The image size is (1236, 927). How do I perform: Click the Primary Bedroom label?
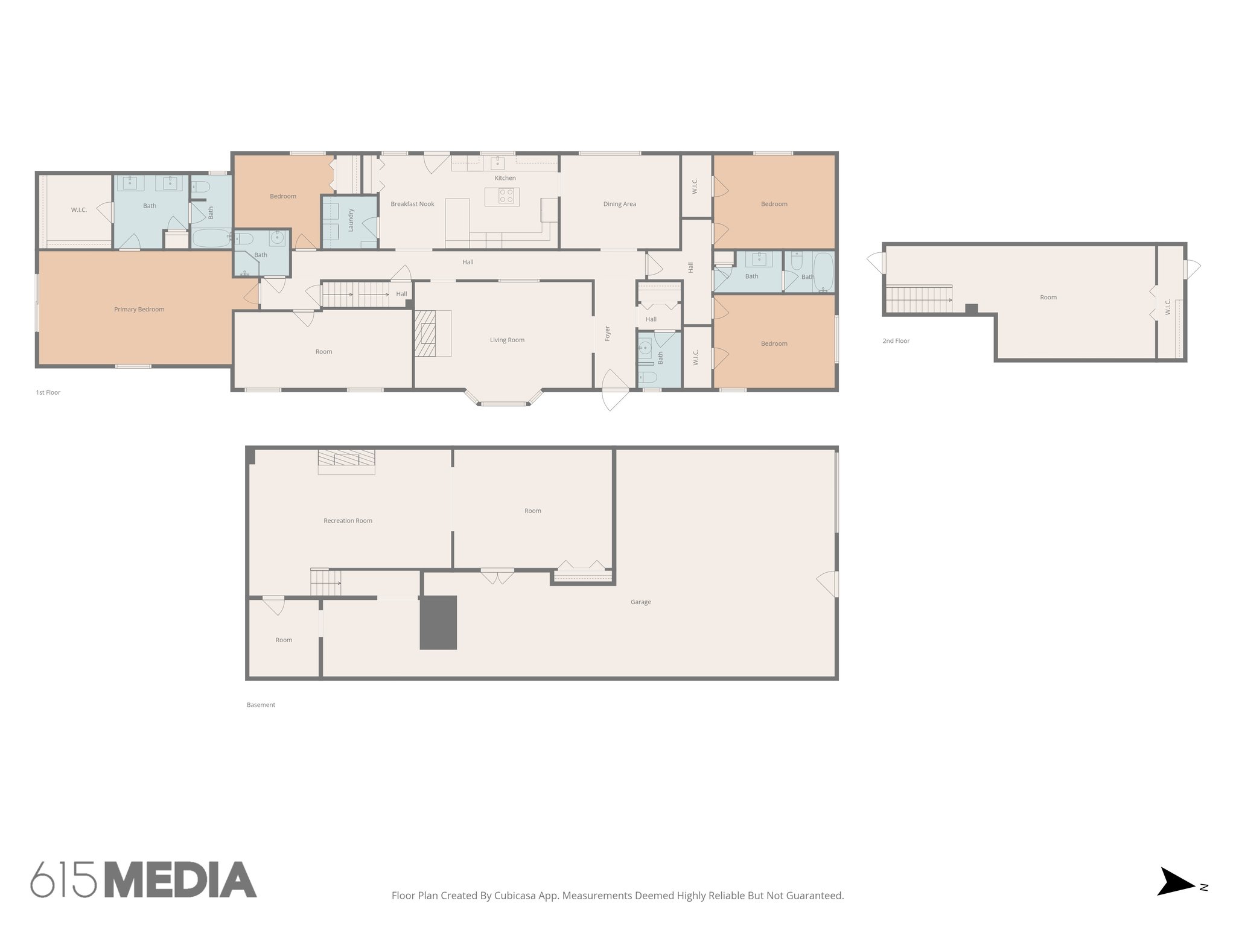coord(139,310)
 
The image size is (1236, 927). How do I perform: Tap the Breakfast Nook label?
coord(412,204)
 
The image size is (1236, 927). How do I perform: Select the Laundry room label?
coord(351,220)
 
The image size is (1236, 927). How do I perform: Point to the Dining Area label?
coord(619,204)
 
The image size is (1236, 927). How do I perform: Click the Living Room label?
coord(507,340)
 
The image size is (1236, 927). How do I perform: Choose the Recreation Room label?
coord(348,521)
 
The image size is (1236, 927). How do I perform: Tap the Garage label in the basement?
coord(640,602)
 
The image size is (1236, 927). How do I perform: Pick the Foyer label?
coord(608,333)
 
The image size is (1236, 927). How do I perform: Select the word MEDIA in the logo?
coord(180,881)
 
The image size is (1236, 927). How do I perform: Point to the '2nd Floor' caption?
coord(896,341)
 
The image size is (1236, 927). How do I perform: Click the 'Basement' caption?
coord(261,705)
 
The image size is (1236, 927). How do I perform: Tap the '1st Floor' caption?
coord(48,393)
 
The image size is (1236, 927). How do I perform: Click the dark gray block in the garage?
coord(438,623)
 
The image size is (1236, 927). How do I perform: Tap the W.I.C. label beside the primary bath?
coord(79,210)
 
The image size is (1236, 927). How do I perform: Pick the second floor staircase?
coord(919,299)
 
